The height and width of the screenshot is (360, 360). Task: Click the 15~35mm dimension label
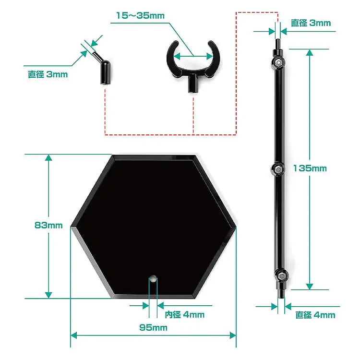(140, 16)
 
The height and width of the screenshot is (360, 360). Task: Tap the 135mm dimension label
(310, 168)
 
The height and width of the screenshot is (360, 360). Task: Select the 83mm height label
(48, 226)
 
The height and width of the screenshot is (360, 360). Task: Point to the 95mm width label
(154, 328)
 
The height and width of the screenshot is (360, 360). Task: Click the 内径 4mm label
(184, 315)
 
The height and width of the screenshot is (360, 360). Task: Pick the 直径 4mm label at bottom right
(315, 315)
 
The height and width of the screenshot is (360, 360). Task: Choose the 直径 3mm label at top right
(311, 23)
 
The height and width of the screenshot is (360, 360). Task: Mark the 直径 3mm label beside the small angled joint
(48, 74)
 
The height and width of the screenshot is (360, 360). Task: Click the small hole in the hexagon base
(153, 278)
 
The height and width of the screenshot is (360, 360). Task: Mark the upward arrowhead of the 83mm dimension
(48, 159)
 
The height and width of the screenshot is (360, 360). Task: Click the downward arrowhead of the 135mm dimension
(310, 285)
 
